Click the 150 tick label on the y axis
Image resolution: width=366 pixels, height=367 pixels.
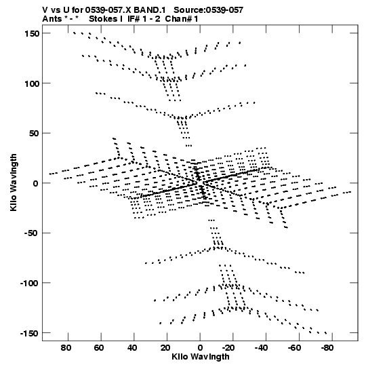[x=32, y=34]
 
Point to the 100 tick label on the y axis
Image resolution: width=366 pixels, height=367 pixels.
[x=32, y=83]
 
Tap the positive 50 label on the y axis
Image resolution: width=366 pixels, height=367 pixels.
[x=35, y=134]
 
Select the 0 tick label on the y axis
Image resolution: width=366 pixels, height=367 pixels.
[x=36, y=183]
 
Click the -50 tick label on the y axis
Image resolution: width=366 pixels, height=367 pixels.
[x=32, y=233]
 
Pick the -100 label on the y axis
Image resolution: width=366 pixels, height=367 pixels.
[x=29, y=284]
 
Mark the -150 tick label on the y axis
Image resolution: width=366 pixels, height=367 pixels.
[x=29, y=334]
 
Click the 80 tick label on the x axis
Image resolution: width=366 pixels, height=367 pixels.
[x=66, y=348]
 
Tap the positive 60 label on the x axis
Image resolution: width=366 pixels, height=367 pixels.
[x=99, y=348]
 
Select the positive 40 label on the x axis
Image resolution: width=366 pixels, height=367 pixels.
[x=132, y=348]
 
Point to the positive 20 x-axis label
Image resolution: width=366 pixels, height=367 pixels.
[x=165, y=348]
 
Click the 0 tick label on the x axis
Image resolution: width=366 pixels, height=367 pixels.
[x=200, y=348]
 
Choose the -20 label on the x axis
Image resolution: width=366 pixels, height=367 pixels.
[x=228, y=348]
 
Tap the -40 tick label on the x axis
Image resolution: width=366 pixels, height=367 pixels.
[x=261, y=348]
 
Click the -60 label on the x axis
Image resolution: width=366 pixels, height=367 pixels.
[x=294, y=348]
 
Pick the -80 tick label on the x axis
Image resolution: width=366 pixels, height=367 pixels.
[x=327, y=348]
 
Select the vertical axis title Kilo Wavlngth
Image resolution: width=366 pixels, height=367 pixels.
[x=14, y=182]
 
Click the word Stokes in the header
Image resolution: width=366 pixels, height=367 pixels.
[x=102, y=19]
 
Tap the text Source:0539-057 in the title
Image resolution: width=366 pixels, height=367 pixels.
[x=209, y=10]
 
